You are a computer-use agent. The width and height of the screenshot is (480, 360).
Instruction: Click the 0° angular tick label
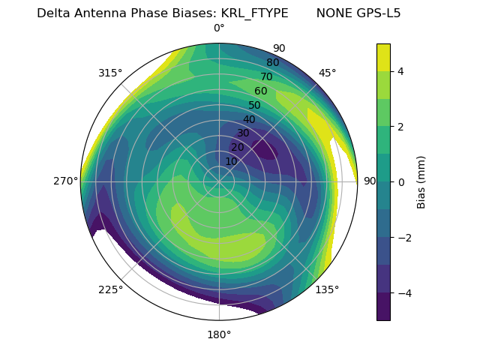[219, 28]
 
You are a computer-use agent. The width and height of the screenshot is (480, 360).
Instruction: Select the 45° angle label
[327, 73]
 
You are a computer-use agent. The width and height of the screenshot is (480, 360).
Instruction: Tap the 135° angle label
[327, 289]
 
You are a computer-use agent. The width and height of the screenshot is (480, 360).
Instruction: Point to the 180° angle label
[219, 334]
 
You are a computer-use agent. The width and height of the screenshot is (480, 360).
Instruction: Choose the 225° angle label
[110, 289]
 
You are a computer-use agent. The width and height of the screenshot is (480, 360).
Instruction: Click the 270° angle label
[66, 181]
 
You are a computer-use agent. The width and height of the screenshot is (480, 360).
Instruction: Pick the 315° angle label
[110, 73]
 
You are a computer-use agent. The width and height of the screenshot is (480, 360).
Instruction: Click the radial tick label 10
[231, 161]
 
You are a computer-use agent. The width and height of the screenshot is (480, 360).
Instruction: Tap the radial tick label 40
[249, 119]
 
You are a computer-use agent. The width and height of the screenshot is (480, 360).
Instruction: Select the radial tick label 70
[266, 76]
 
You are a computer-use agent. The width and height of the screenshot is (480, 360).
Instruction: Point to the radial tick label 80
[272, 62]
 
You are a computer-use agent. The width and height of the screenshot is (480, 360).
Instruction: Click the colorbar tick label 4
[401, 71]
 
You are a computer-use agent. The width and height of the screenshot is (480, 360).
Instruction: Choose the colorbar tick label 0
[401, 182]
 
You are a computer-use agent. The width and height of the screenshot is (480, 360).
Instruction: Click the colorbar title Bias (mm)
[421, 181]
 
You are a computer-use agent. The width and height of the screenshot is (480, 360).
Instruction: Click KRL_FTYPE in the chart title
[254, 13]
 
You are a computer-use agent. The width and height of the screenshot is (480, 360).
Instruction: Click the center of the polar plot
[219, 181]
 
